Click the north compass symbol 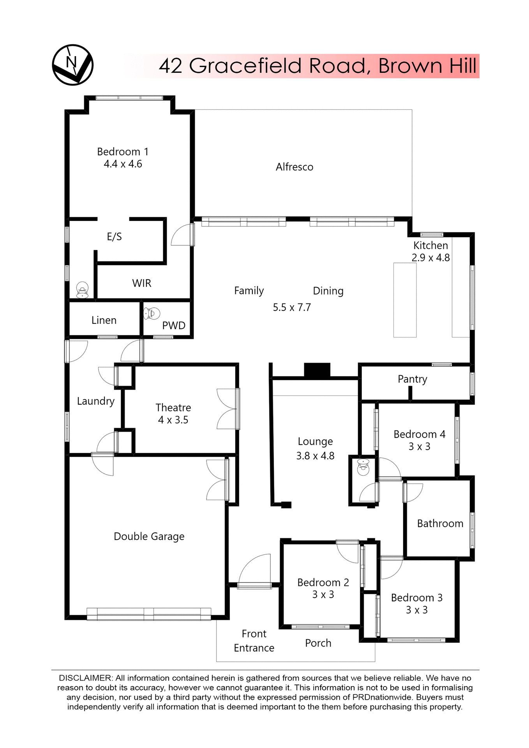[72, 65]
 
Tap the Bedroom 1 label [123, 152]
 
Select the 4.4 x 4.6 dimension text [123, 164]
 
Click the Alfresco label [294, 167]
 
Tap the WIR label [141, 283]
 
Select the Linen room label [104, 320]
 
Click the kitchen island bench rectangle [405, 300]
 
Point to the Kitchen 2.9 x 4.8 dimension [430, 258]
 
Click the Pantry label [412, 379]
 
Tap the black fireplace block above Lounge [317, 370]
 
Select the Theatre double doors [227, 409]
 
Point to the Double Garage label [149, 536]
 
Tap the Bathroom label [440, 524]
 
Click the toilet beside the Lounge [363, 467]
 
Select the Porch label [318, 643]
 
